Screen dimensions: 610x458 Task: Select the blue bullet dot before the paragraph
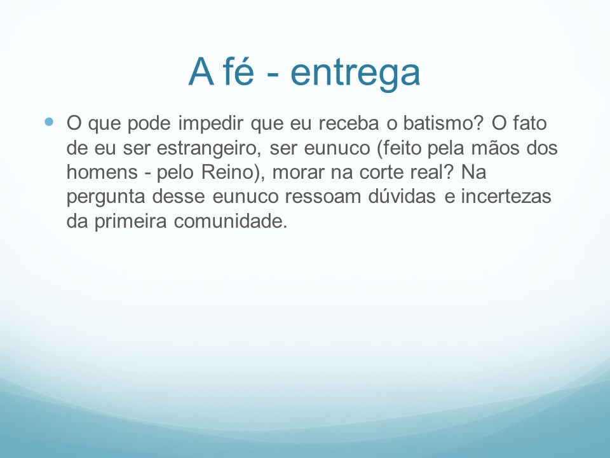click(x=49, y=122)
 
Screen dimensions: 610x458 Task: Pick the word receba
click(x=349, y=123)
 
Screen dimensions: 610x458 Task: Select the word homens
click(x=102, y=172)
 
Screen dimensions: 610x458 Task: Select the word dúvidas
click(x=402, y=196)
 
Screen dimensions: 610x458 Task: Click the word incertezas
click(x=506, y=197)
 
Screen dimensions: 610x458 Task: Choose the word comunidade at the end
click(x=230, y=221)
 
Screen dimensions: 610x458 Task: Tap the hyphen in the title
click(x=273, y=74)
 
